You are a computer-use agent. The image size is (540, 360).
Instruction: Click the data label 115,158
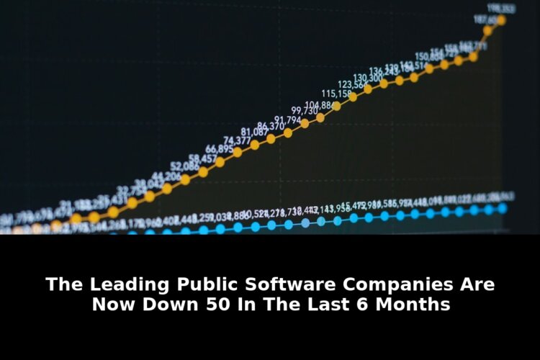click(x=336, y=94)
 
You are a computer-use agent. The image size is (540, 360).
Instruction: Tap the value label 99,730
click(x=305, y=111)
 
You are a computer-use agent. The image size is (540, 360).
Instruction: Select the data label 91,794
click(x=287, y=120)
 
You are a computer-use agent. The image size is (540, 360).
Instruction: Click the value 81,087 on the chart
click(x=254, y=132)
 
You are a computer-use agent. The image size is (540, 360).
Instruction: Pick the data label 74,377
click(x=238, y=140)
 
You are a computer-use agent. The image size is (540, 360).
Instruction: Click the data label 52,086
click(x=185, y=166)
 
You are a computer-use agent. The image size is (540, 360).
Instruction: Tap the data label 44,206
click(x=166, y=176)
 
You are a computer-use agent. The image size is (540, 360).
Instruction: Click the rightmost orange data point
click(x=501, y=20)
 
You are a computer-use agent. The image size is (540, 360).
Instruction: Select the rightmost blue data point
click(x=502, y=208)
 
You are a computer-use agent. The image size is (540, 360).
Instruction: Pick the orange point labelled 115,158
click(x=353, y=96)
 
